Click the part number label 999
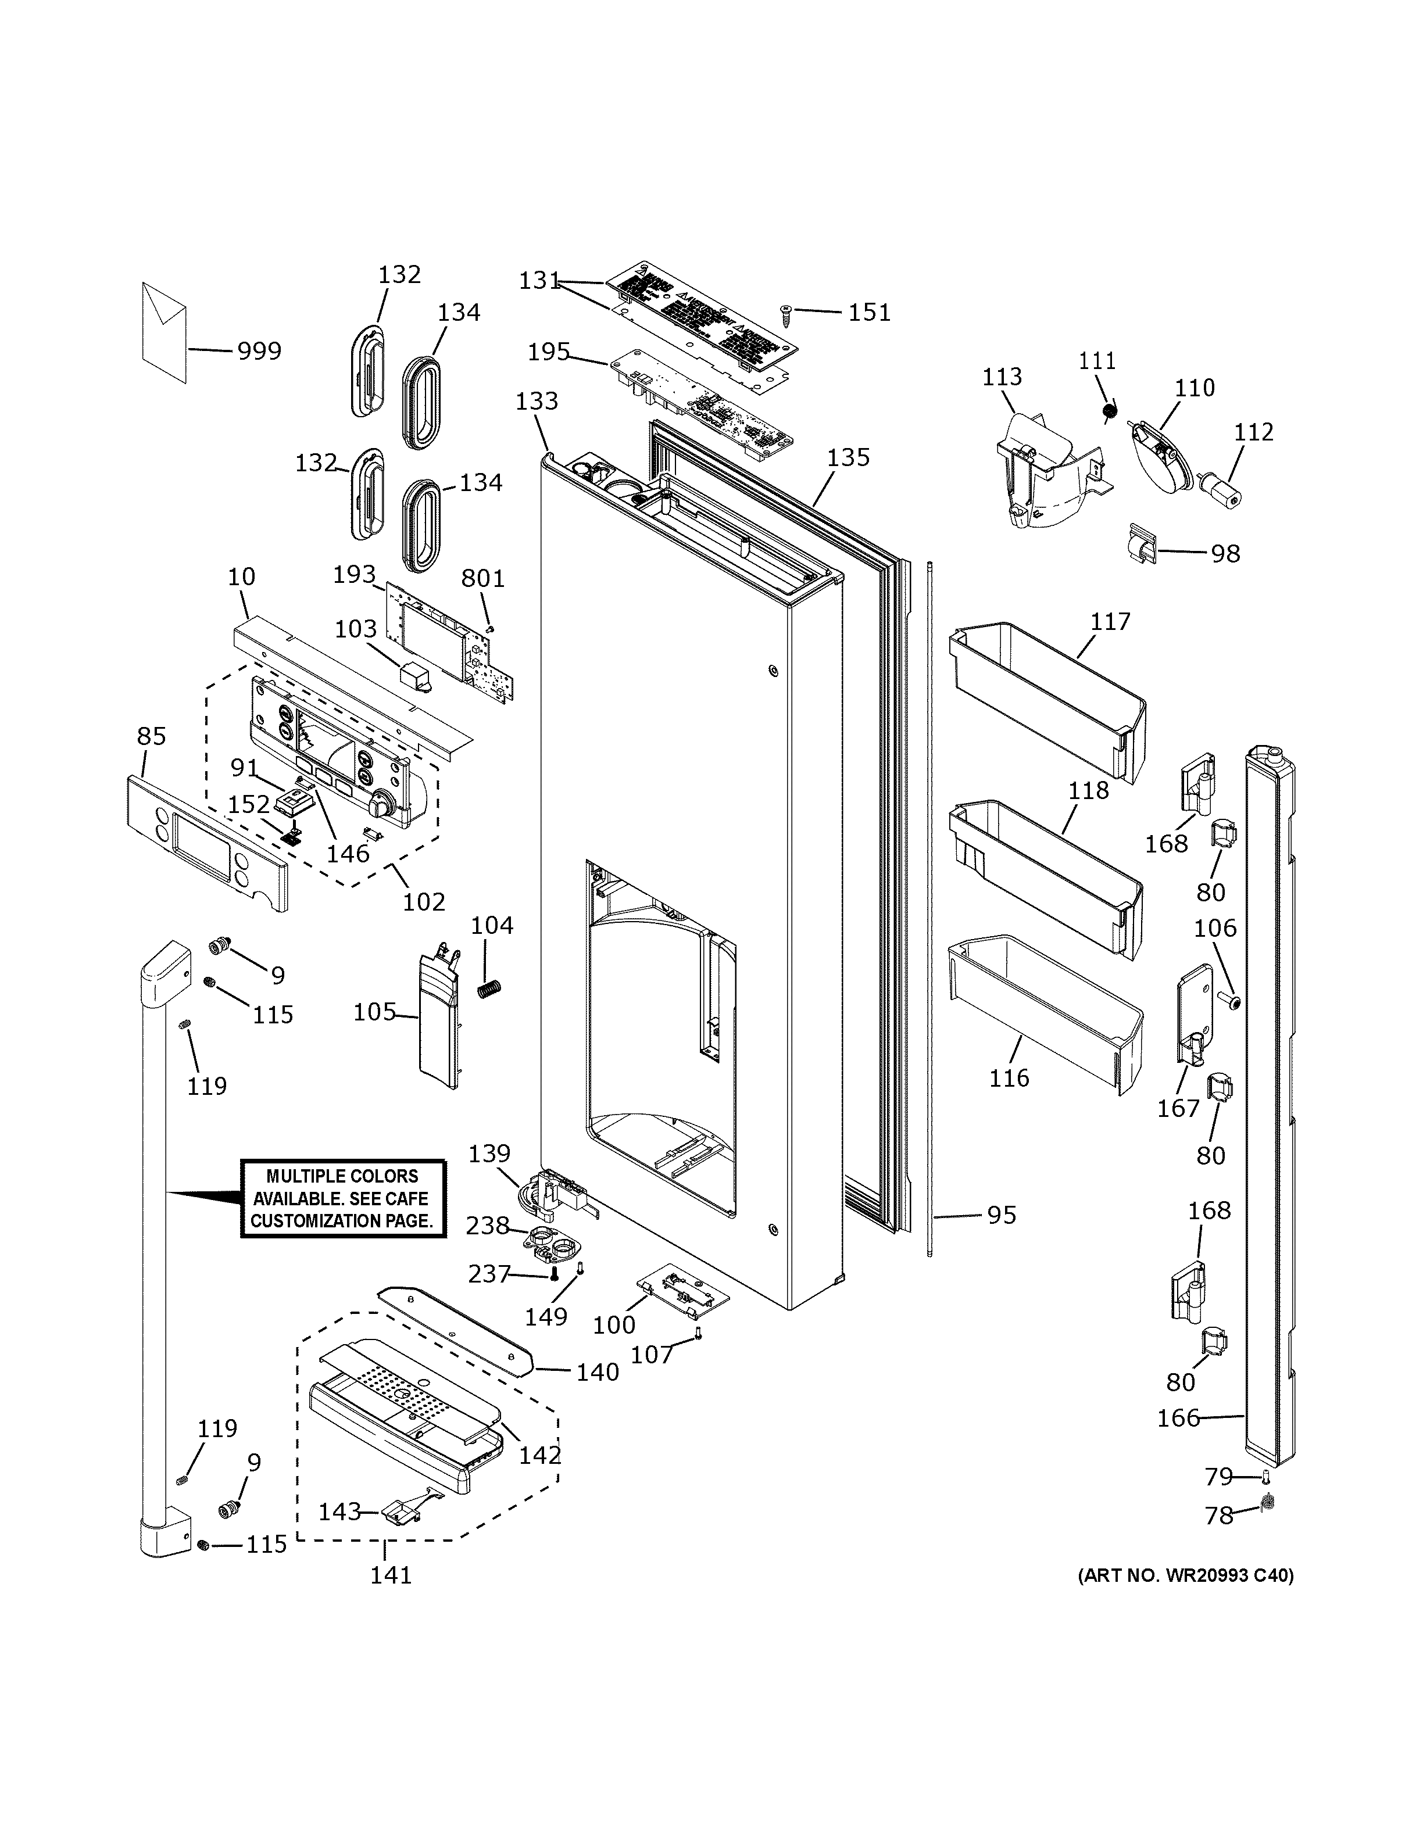[258, 350]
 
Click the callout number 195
[549, 352]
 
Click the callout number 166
[1178, 1418]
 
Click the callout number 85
[152, 736]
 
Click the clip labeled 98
[1140, 546]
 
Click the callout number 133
[537, 400]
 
